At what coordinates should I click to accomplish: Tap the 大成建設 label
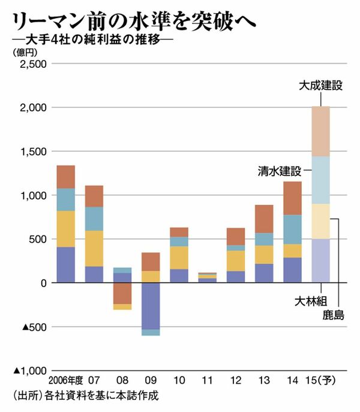click(x=320, y=86)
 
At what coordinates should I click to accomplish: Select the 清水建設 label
click(x=280, y=171)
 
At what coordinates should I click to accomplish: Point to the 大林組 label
click(x=311, y=301)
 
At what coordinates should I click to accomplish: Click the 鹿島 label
click(x=333, y=315)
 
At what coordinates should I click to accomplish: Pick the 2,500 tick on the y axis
click(x=34, y=64)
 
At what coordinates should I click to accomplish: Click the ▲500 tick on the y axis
click(x=35, y=327)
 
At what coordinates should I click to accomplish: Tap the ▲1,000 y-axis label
click(x=31, y=371)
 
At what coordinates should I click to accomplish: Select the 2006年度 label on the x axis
click(x=66, y=380)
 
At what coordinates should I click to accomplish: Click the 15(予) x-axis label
click(x=320, y=380)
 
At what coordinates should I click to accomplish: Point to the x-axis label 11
click(x=207, y=380)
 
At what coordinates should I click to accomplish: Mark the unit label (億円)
click(x=25, y=53)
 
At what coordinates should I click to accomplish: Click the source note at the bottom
click(x=86, y=395)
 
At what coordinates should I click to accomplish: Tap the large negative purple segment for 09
click(x=151, y=306)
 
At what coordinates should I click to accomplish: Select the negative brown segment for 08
click(x=122, y=294)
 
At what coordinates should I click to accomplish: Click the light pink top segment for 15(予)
click(x=320, y=132)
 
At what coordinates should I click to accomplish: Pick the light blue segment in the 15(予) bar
click(x=320, y=180)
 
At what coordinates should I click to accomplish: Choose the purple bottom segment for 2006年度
click(x=66, y=265)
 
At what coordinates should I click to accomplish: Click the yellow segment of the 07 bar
click(x=94, y=249)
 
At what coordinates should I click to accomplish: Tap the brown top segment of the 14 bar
click(x=293, y=198)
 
